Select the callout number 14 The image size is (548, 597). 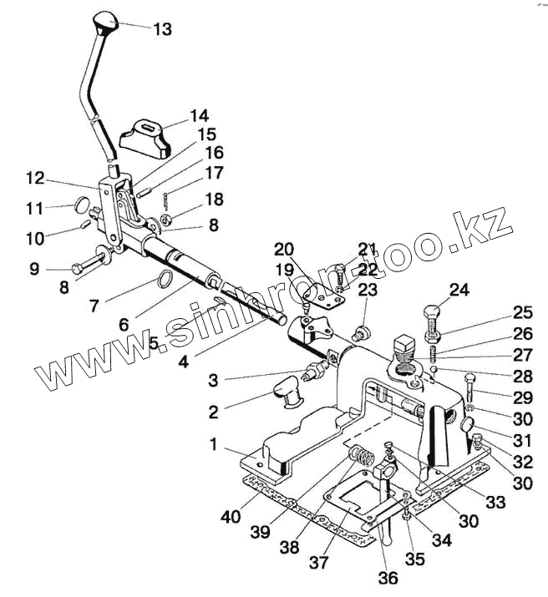click(199, 115)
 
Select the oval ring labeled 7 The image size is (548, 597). click(166, 278)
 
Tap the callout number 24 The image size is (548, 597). click(459, 291)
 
